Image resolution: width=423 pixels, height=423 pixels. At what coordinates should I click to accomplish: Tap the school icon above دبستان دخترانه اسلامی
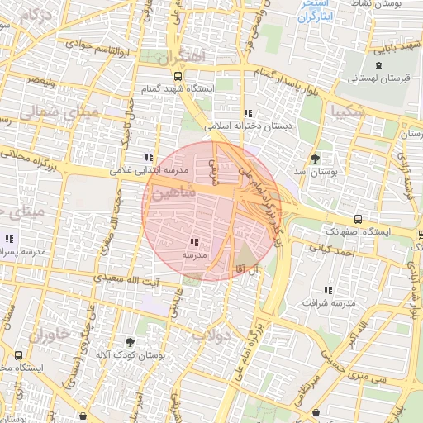tap(247, 113)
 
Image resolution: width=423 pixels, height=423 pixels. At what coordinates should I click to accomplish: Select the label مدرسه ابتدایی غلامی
tap(150, 171)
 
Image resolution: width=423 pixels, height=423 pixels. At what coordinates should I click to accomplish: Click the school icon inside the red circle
tap(194, 242)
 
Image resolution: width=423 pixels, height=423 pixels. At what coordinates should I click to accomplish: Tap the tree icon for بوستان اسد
tap(315, 158)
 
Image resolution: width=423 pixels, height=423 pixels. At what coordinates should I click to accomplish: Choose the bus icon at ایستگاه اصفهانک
tap(357, 220)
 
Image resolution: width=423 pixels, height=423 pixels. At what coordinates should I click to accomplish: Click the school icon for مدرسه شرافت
tap(329, 290)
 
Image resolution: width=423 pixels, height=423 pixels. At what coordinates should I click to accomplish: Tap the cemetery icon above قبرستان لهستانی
tap(378, 66)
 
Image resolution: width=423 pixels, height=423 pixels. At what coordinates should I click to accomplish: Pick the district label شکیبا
tap(346, 109)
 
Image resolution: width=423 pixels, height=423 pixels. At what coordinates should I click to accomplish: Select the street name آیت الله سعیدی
tap(125, 281)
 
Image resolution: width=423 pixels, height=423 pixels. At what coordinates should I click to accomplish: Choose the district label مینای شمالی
tap(58, 112)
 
